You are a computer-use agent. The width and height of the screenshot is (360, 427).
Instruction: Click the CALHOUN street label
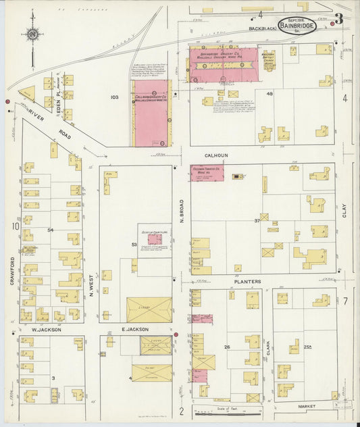click(x=216, y=155)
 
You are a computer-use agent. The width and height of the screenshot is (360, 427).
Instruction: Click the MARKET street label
click(x=307, y=406)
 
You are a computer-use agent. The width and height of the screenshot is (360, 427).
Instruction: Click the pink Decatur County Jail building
click(x=154, y=238)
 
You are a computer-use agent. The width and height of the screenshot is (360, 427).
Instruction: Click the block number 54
click(x=51, y=230)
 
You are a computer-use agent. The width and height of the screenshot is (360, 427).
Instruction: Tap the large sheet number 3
click(x=338, y=18)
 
